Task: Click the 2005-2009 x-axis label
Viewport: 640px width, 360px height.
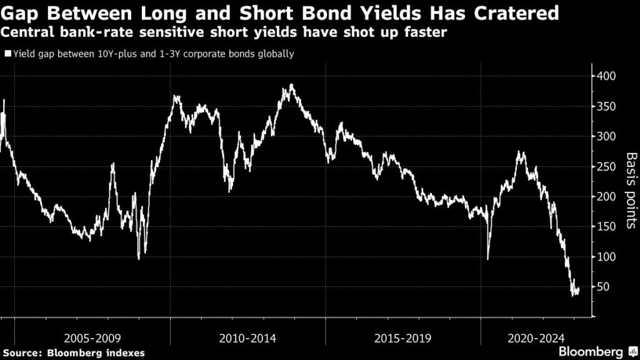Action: (x=92, y=338)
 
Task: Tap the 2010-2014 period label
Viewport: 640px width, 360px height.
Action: (x=248, y=338)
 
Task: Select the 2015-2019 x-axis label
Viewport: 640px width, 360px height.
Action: (x=403, y=338)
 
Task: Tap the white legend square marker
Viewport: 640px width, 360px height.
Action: (x=7, y=54)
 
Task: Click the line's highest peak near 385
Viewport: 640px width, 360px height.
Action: (x=291, y=84)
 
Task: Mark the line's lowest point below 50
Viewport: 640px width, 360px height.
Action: (x=573, y=295)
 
